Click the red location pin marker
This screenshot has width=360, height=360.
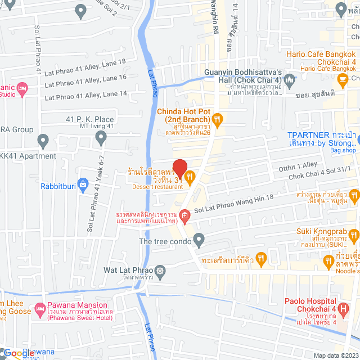pos(179,168)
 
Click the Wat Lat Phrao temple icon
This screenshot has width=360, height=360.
pos(160,270)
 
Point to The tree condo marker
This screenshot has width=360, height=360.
pos(198,241)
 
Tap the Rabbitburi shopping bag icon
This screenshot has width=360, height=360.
pos(83,183)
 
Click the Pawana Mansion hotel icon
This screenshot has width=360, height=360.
pos(40,309)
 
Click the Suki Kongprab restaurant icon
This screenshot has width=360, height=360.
pos(353,234)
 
